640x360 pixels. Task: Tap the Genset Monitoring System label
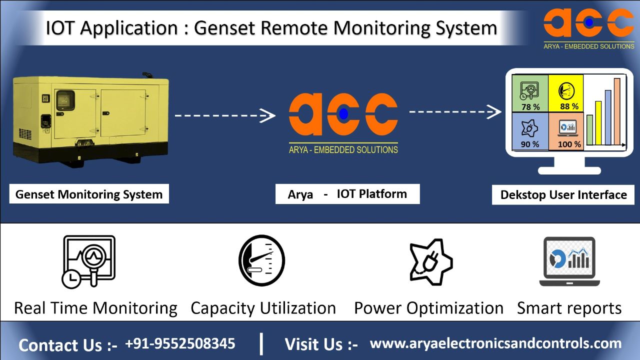(x=89, y=194)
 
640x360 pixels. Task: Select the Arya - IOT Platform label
(x=347, y=194)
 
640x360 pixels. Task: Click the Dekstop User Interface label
(x=563, y=194)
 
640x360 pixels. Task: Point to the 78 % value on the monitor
(x=530, y=106)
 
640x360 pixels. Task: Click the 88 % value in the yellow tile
(x=569, y=106)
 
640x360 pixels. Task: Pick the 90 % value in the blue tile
(x=530, y=144)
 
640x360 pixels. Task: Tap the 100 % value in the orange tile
(x=569, y=144)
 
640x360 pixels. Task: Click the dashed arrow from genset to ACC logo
(x=224, y=115)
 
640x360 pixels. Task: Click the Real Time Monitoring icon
(x=88, y=261)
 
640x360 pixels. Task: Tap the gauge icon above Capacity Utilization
(x=261, y=260)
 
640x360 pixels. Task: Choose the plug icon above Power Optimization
(x=430, y=261)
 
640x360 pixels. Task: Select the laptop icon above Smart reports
(x=569, y=261)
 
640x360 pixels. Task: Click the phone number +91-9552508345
(x=180, y=343)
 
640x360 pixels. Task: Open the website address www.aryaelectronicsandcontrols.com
(x=495, y=343)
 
